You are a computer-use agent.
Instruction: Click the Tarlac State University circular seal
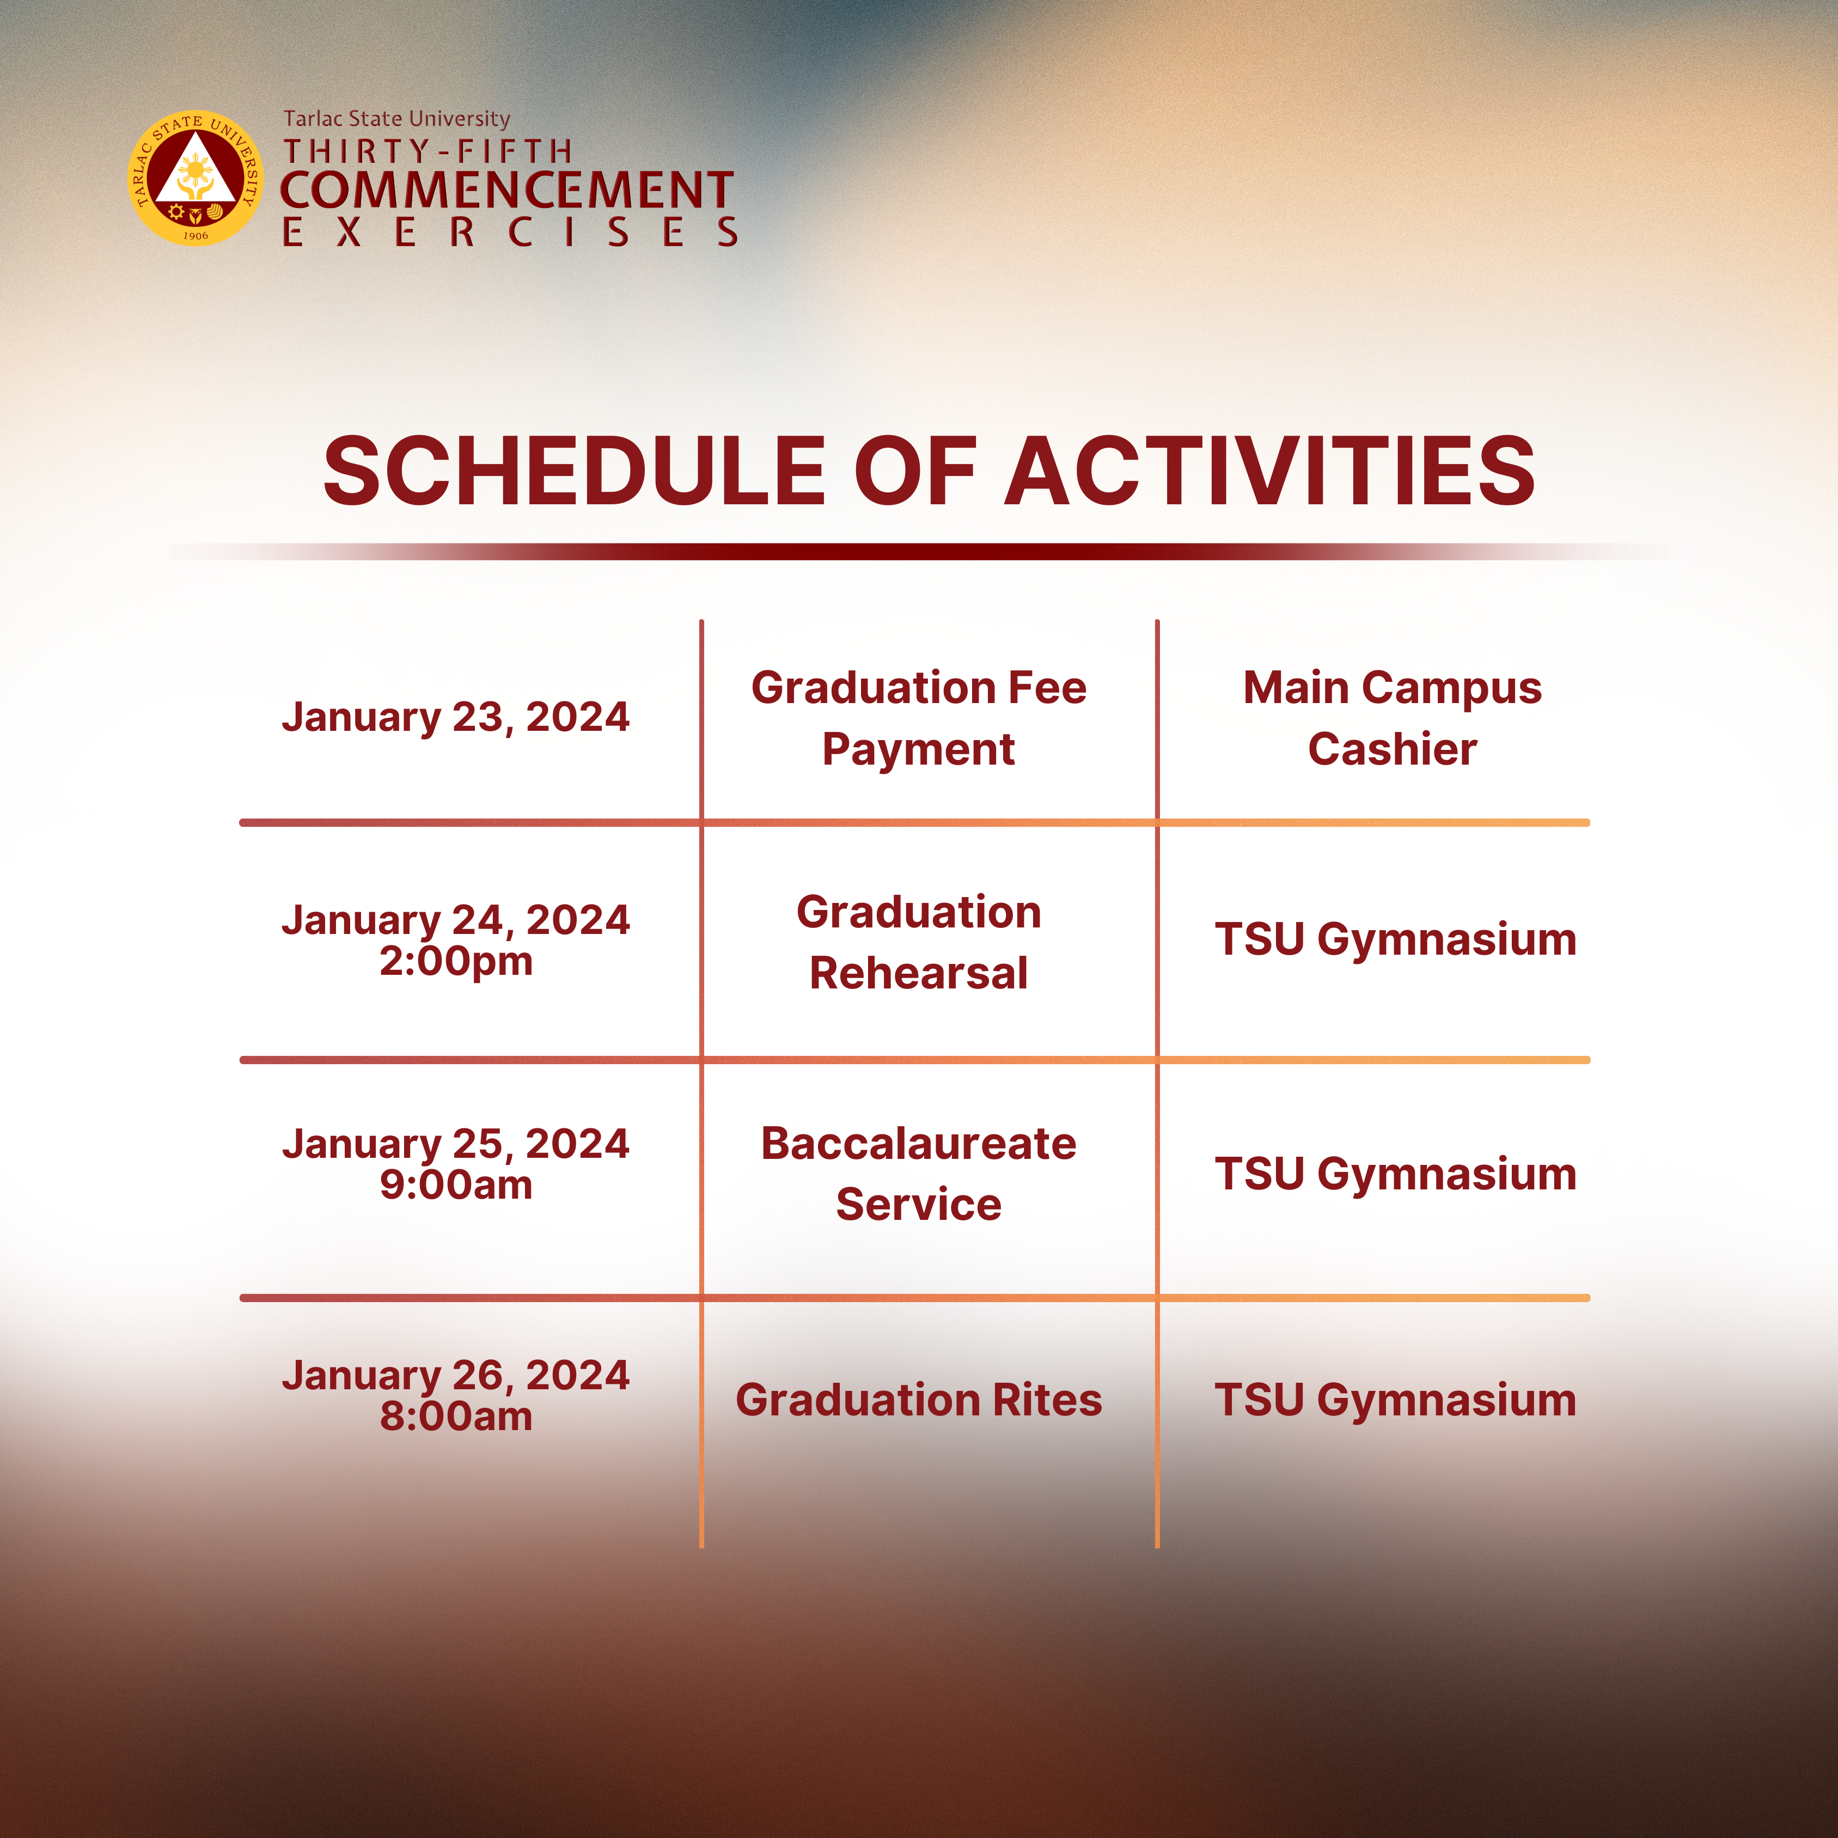click(x=196, y=179)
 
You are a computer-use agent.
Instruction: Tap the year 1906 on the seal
click(x=196, y=235)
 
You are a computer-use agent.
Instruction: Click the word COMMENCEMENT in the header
click(x=506, y=190)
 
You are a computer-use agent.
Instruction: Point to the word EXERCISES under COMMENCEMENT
click(x=510, y=232)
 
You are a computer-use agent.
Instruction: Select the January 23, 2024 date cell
click(x=456, y=717)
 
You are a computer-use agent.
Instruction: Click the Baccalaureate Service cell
click(x=919, y=1174)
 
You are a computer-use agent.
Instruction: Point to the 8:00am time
click(x=456, y=1416)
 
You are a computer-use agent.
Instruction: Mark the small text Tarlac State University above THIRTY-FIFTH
click(x=396, y=119)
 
